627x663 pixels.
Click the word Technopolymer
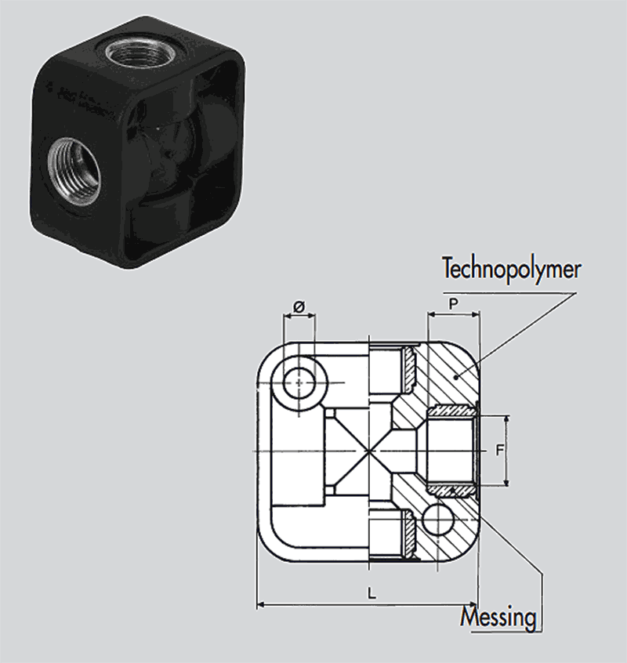[x=512, y=270]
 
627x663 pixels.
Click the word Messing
[x=499, y=618]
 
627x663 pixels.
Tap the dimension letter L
[x=371, y=593]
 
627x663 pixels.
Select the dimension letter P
[x=452, y=302]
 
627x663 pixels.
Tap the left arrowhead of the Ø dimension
[x=287, y=316]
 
